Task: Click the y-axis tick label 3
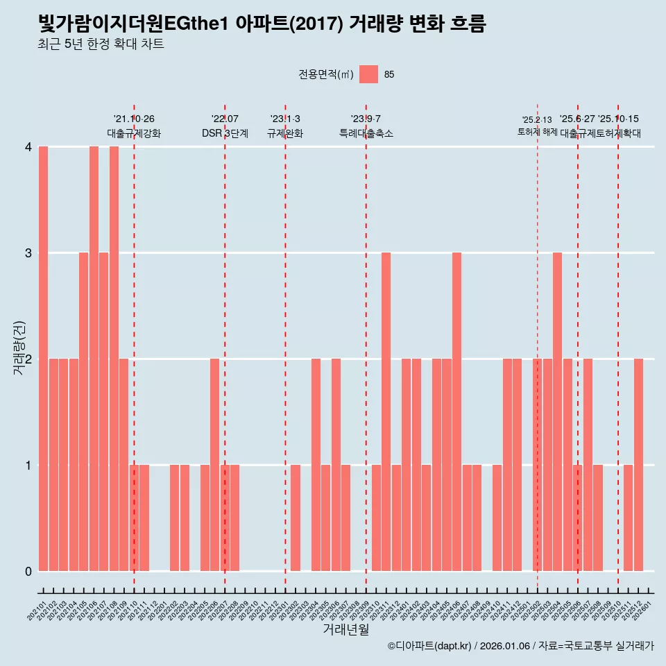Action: click(x=28, y=253)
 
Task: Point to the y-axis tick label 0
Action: click(x=28, y=571)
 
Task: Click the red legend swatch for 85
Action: click(x=369, y=74)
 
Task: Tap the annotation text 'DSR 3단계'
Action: click(x=225, y=133)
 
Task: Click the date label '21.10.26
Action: click(x=134, y=119)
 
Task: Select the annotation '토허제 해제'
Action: click(x=537, y=131)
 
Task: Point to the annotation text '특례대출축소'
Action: click(x=366, y=133)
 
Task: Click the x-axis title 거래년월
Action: click(x=345, y=629)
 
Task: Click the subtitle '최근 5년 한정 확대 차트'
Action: click(x=101, y=44)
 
